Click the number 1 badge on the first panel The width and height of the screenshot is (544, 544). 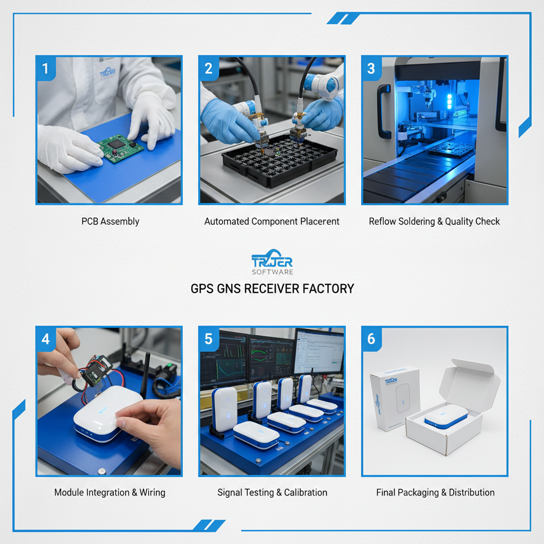tap(46, 69)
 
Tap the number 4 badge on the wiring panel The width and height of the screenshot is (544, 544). tap(46, 339)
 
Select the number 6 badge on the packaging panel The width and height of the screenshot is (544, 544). tap(371, 339)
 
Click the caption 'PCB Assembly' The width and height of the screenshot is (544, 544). tap(110, 222)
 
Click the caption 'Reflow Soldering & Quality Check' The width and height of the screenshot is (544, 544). tap(434, 222)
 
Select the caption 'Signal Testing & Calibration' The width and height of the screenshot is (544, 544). tap(272, 492)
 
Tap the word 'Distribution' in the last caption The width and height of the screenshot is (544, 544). tap(471, 492)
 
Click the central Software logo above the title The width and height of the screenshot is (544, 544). tap(272, 262)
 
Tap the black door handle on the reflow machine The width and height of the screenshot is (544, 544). tap(381, 112)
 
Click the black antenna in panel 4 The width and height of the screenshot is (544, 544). tap(145, 372)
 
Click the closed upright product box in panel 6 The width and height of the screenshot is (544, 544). tap(394, 398)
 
